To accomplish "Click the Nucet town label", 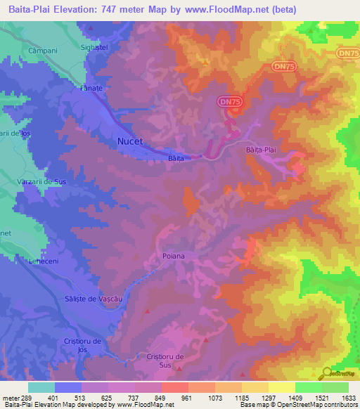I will click(x=129, y=141).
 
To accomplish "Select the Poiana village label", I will click(x=173, y=256).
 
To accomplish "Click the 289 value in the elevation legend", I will click(x=28, y=398).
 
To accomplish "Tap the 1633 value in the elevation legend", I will click(x=349, y=398).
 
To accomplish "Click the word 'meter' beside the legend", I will click(x=11, y=398).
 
